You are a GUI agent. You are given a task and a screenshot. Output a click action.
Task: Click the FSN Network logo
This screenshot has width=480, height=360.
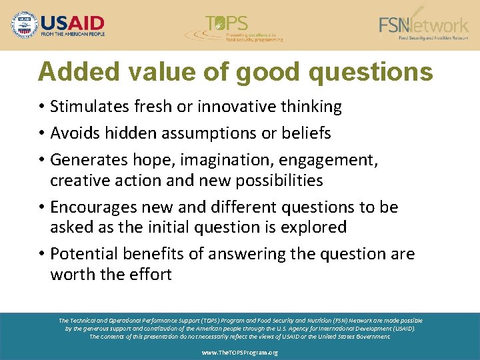(424, 25)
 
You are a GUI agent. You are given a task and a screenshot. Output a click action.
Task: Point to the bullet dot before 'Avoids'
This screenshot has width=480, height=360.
(41, 134)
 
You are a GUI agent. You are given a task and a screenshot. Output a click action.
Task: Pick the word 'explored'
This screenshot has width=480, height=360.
(312, 227)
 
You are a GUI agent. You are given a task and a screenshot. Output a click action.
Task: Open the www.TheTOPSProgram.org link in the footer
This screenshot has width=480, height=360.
(240, 352)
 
